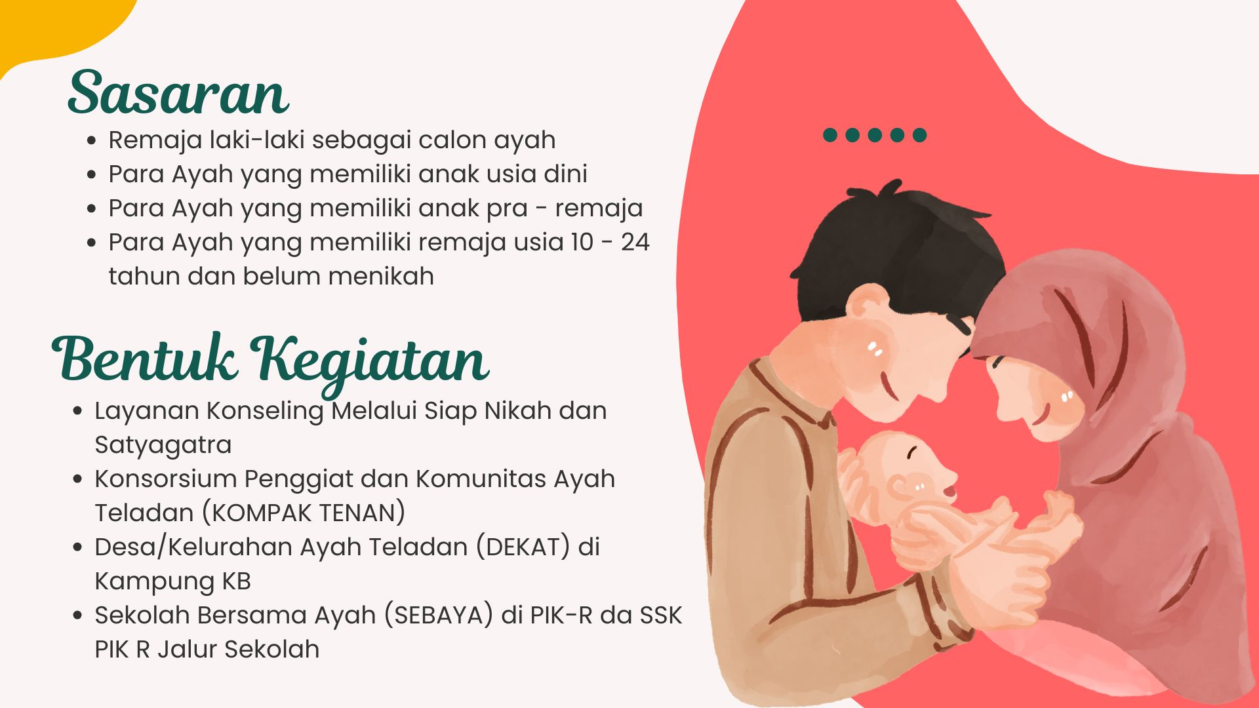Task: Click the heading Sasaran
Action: (178, 92)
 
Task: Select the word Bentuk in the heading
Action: (144, 358)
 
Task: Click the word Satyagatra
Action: (163, 445)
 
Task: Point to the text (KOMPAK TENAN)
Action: (304, 513)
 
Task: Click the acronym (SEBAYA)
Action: (439, 615)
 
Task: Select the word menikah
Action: (381, 276)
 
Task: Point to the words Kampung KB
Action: (172, 581)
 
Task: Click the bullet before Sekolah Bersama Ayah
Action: (77, 616)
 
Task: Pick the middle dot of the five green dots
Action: (875, 135)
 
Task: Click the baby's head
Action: (908, 475)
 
